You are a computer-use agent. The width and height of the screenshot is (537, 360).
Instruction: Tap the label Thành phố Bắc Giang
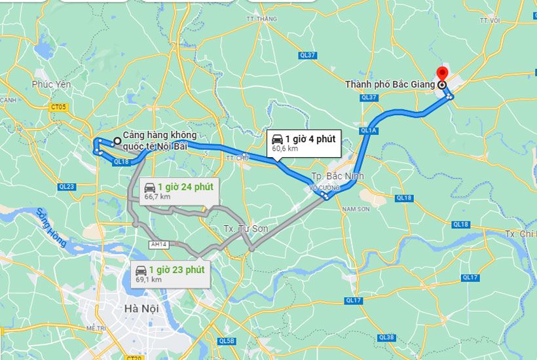point(391,84)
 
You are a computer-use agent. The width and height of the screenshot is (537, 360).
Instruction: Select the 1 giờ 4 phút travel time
point(310,139)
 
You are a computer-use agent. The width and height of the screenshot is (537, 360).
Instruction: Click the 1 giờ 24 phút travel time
point(185,187)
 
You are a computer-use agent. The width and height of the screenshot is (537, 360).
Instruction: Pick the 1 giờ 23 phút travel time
point(176,270)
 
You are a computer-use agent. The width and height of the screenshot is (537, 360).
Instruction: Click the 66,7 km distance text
point(157,196)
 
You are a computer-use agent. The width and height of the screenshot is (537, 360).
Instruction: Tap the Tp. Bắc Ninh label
point(336,176)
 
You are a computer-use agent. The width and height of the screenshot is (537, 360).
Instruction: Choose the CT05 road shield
point(58,107)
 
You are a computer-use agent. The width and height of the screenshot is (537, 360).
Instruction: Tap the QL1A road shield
point(369,131)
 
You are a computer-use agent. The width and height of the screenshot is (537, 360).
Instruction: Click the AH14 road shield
point(160,244)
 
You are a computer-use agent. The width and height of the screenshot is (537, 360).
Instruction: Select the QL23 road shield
point(66,187)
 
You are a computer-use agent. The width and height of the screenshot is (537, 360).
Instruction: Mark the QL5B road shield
point(227,341)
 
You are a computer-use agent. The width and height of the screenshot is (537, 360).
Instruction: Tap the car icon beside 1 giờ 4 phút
point(278,139)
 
